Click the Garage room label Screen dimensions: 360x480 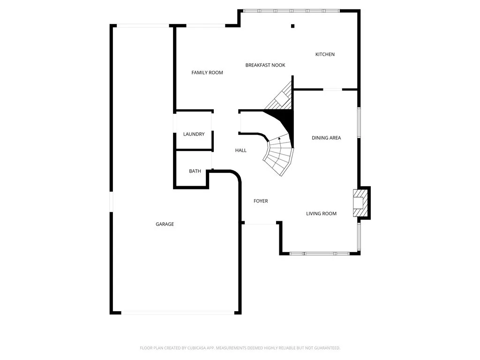pos(165,224)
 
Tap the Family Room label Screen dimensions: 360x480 pos(207,73)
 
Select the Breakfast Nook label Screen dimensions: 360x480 pos(265,65)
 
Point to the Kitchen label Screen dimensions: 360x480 pos(325,54)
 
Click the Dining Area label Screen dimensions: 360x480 pos(326,138)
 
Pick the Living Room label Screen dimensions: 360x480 pos(321,214)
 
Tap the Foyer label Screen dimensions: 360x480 pos(261,201)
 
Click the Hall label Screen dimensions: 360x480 pos(240,150)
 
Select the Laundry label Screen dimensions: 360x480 pos(194,134)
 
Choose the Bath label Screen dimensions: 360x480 pos(195,171)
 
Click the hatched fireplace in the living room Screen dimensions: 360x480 pos(360,202)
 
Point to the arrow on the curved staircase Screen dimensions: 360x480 pos(280,139)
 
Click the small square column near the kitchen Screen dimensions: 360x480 pos(292,26)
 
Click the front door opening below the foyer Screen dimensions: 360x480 pos(260,224)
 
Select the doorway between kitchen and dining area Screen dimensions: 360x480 pos(332,89)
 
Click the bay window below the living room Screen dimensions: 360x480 pos(320,254)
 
